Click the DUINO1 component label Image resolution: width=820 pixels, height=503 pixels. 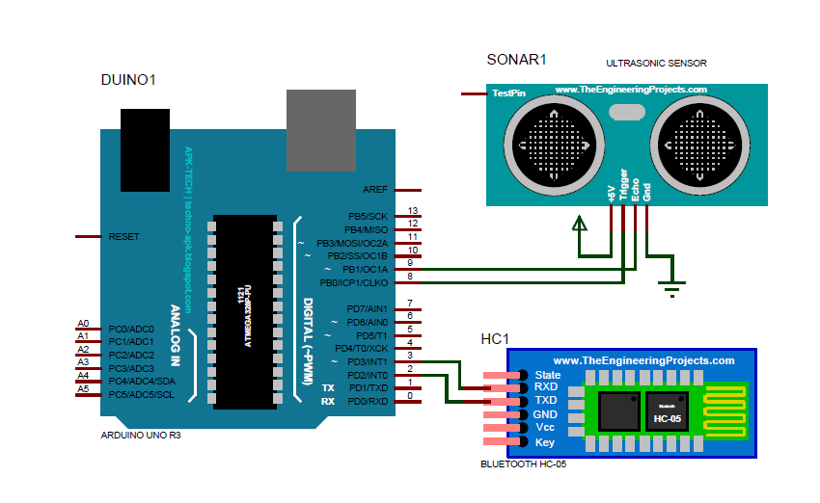[x=127, y=80]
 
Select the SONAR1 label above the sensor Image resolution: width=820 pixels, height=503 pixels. [x=516, y=60]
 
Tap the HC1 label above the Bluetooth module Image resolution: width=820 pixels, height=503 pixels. [x=495, y=339]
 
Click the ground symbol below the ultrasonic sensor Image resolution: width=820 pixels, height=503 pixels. [x=672, y=285]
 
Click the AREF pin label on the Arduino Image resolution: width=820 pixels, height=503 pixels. [x=374, y=190]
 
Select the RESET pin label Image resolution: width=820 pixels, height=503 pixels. [x=124, y=236]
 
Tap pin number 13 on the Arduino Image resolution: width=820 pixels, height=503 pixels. [x=413, y=211]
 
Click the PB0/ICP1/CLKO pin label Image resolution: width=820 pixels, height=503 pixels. [x=353, y=282]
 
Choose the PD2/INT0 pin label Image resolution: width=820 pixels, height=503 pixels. [x=367, y=374]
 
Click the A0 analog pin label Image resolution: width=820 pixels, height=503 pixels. [x=83, y=324]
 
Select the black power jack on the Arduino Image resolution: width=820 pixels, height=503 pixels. [x=146, y=149]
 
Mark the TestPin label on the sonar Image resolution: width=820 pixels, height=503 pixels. [x=509, y=94]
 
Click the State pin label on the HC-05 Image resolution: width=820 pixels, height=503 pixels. [x=547, y=375]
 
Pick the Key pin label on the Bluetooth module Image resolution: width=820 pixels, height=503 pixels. [x=544, y=441]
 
